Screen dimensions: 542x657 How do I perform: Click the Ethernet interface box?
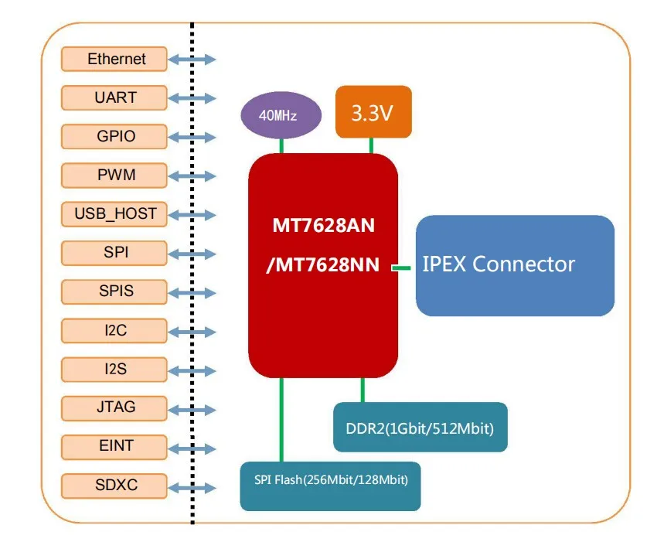coord(115,59)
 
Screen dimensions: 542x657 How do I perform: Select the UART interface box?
coord(115,97)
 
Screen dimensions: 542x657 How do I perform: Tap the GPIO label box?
coord(115,137)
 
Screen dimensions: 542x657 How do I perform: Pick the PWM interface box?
coord(115,176)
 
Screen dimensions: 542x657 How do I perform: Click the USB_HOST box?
coord(115,214)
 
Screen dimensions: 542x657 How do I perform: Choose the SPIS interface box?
coord(115,291)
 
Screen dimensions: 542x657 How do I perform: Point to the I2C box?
coord(115,330)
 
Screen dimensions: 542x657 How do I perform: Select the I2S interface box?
coord(115,369)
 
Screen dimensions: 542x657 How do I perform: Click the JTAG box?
coord(115,407)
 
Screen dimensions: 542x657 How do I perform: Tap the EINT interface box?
coord(115,446)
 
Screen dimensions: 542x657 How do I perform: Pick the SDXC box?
coord(115,486)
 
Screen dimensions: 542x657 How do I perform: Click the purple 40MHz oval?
coord(278,116)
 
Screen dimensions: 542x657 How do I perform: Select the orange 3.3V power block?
coord(373,113)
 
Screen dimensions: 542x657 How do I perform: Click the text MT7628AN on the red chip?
coord(323,226)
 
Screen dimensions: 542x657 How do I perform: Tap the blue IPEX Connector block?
coord(515,265)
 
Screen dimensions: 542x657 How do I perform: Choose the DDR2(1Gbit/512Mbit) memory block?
coord(420,427)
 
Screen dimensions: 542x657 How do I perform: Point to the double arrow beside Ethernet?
coord(192,60)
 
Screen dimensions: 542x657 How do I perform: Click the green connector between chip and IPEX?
coord(400,268)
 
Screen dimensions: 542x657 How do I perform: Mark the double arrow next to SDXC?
coord(192,487)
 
